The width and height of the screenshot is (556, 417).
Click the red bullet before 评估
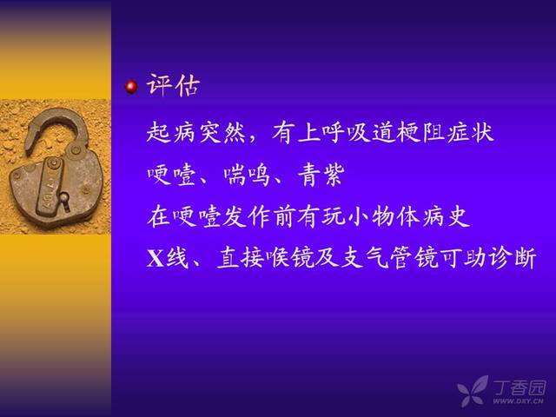click(x=131, y=87)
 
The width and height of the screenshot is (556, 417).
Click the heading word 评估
click(x=174, y=85)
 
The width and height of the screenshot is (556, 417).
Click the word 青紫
click(x=321, y=175)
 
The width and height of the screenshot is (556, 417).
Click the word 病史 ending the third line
click(x=446, y=216)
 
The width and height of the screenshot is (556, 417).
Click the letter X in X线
click(x=156, y=258)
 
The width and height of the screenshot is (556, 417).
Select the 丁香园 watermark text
click(x=520, y=388)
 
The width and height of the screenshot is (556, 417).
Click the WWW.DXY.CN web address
click(x=518, y=401)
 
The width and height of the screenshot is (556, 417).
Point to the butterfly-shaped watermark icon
click(x=473, y=391)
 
